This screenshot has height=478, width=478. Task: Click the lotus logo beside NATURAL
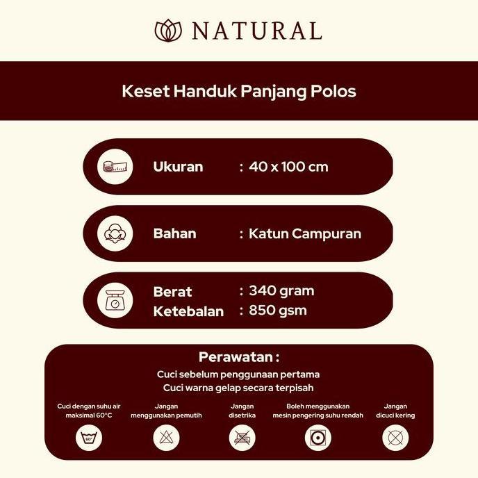point(167,31)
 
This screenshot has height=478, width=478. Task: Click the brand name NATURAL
point(256,31)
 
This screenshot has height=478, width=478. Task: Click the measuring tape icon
point(115,167)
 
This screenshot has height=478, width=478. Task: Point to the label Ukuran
point(178,167)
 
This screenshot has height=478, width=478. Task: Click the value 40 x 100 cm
point(288,167)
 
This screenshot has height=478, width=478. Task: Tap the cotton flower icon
point(115,233)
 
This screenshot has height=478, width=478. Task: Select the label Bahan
point(174,233)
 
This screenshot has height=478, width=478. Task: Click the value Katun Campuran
point(304,233)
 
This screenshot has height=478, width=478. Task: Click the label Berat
point(172,292)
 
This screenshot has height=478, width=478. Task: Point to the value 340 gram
point(281,290)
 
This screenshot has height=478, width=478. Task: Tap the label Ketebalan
point(188,311)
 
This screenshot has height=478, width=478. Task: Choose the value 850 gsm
point(277,310)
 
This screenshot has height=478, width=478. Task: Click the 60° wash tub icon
point(88,438)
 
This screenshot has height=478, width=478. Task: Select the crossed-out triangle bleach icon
point(165,438)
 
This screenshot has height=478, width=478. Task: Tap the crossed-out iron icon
point(242,438)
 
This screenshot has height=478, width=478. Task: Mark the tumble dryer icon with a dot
point(318,438)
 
